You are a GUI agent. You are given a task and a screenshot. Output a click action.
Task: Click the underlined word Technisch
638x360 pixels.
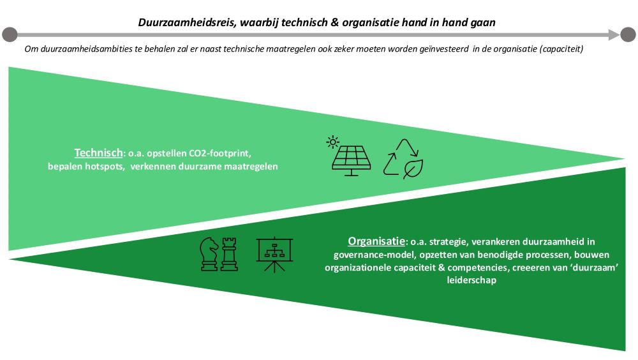pyautogui.click(x=98, y=153)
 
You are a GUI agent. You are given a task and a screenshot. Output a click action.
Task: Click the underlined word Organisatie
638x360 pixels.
pyautogui.click(x=376, y=241)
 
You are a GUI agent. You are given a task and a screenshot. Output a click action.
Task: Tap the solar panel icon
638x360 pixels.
pyautogui.click(x=351, y=161)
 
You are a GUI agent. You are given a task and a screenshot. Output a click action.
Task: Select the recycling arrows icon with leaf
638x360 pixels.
pyautogui.click(x=403, y=159)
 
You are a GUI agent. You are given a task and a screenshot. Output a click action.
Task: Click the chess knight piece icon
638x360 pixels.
pyautogui.click(x=209, y=254)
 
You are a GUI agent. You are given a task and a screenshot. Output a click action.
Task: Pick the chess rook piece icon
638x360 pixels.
pyautogui.click(x=229, y=255)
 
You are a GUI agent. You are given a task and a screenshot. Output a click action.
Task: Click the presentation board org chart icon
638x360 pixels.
pyautogui.click(x=274, y=255)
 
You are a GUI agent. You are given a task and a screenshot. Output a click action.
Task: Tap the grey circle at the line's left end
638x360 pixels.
pyautogui.click(x=10, y=34)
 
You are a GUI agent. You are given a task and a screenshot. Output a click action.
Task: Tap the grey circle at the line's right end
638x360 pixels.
pyautogui.click(x=628, y=34)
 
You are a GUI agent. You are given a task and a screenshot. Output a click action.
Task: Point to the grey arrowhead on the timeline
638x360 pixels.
pyautogui.click(x=614, y=34)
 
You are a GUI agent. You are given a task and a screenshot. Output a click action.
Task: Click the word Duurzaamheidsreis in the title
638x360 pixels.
pyautogui.click(x=187, y=22)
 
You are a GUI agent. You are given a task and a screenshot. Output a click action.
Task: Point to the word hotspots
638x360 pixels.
pyautogui.click(x=105, y=167)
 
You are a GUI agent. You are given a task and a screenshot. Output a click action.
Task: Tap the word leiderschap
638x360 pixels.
pyautogui.click(x=471, y=280)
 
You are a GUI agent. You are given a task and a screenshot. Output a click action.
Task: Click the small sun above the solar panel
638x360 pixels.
pyautogui.click(x=333, y=142)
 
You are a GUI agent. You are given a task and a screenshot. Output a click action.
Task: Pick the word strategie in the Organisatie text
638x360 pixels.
pyautogui.click(x=449, y=242)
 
